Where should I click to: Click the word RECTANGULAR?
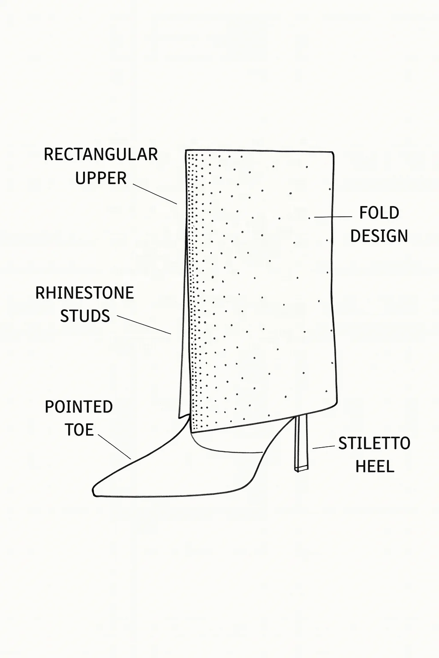pyautogui.click(x=101, y=155)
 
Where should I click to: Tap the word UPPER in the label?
pyautogui.click(x=101, y=178)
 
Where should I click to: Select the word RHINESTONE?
pyautogui.click(x=84, y=293)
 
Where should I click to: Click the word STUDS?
pyautogui.click(x=85, y=317)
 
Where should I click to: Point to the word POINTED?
pyautogui.click(x=79, y=407)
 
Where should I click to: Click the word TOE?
pyautogui.click(x=79, y=430)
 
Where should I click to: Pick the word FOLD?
pyautogui.click(x=379, y=213)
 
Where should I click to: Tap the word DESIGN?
pyautogui.click(x=379, y=236)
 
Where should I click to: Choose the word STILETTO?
pyautogui.click(x=374, y=444)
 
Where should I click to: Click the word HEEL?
pyautogui.click(x=375, y=467)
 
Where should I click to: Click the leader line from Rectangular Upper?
pyautogui.click(x=155, y=194)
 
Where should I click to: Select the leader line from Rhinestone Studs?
pyautogui.click(x=144, y=325)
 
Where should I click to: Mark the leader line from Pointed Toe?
pyautogui.click(x=114, y=446)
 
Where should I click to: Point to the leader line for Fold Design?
pyautogui.click(x=333, y=217)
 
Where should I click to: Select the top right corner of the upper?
pyautogui.click(x=333, y=152)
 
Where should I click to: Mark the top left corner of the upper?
pyautogui.click(x=186, y=151)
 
